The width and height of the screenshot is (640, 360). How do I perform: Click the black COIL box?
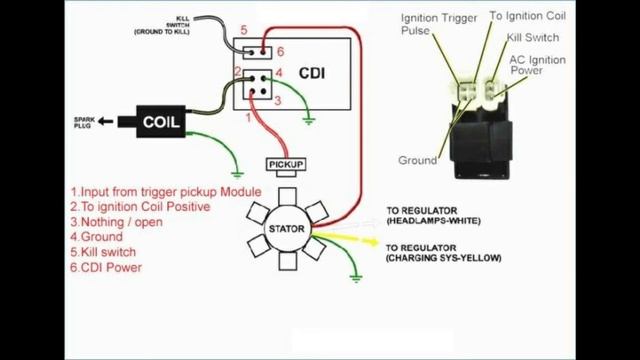point(161,123)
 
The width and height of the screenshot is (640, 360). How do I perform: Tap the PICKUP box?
point(286,164)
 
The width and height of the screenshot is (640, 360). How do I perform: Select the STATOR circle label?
point(285,229)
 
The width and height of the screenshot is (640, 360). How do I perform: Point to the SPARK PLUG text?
point(84,124)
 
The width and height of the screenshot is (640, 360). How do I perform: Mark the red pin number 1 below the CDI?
point(249,118)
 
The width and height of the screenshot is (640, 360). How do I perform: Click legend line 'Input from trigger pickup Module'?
point(165,192)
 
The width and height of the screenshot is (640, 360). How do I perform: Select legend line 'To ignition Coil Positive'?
point(140,207)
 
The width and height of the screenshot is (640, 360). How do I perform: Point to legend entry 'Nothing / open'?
point(115,222)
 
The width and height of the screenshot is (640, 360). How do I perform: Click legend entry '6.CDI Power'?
point(106,267)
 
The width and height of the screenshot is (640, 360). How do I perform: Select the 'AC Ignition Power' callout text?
point(538,65)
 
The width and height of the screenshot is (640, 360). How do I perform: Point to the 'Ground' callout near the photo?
point(417,160)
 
